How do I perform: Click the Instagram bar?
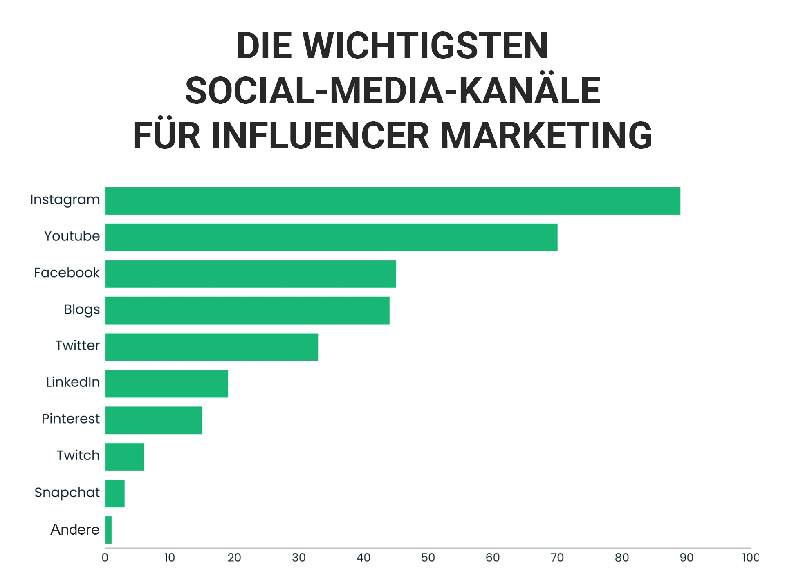392,201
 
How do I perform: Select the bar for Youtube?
331,237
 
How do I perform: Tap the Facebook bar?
250,274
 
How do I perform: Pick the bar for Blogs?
247,310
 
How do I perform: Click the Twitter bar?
211,347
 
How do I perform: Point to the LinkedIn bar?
166,383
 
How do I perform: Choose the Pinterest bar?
153,420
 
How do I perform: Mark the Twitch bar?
124,457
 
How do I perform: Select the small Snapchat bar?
115,493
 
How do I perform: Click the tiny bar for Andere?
108,530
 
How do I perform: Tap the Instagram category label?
65,200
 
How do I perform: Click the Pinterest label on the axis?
70,419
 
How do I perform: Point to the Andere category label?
75,529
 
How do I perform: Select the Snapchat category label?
67,492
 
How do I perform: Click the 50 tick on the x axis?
428,558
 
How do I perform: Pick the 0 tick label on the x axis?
105,558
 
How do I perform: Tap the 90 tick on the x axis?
686,558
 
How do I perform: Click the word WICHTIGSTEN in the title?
425,46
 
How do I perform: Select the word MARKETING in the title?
546,136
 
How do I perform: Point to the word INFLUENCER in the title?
320,136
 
